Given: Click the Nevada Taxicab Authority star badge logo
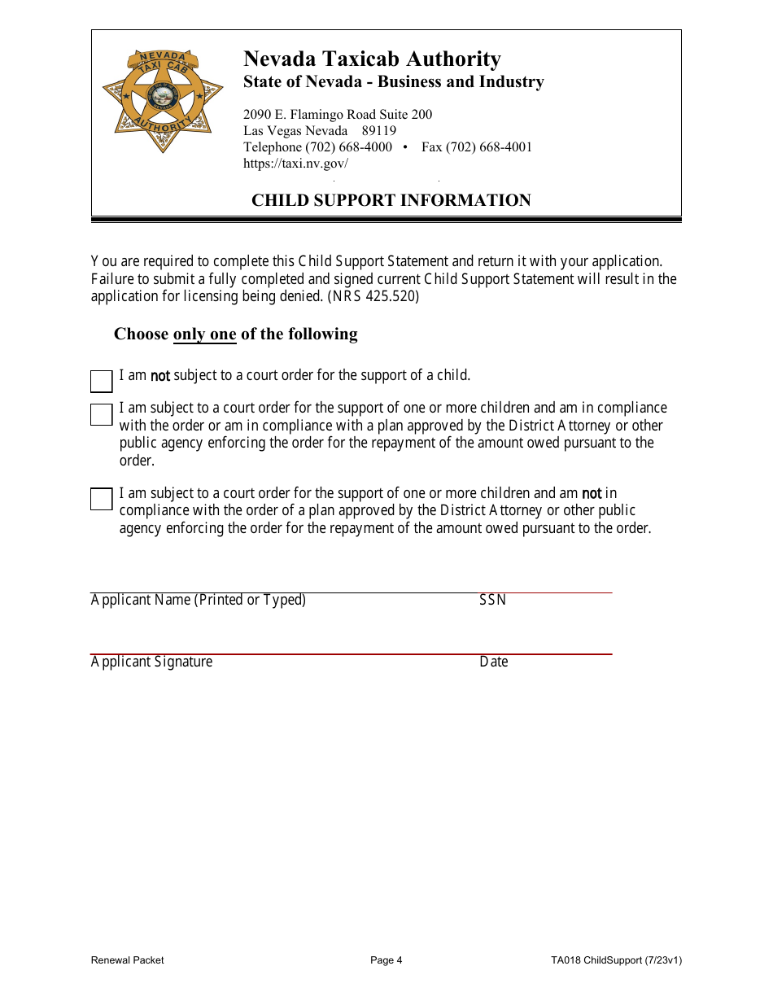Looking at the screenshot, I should coord(163,101).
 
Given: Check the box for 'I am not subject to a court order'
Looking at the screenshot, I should coord(101,381).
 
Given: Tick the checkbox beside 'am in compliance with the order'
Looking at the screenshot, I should coord(101,414).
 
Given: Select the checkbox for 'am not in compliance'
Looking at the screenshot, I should coord(101,499).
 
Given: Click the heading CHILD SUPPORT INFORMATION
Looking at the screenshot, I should coord(391,200).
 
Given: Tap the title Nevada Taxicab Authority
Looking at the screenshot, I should coord(372,59).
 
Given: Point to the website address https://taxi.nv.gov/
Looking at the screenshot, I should coord(295,163).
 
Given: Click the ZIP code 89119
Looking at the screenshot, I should coord(379,131).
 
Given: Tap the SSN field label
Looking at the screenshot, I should coord(492,600).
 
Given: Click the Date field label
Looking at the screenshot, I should coord(493,662).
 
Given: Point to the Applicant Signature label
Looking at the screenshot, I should coord(151,662).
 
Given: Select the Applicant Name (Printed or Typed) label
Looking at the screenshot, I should coord(198,600).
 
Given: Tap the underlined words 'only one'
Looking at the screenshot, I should coord(204,334).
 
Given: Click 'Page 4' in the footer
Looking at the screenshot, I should coord(386,960).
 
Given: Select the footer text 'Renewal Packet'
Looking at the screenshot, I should coord(127,960).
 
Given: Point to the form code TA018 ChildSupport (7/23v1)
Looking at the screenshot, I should coord(616,960).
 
